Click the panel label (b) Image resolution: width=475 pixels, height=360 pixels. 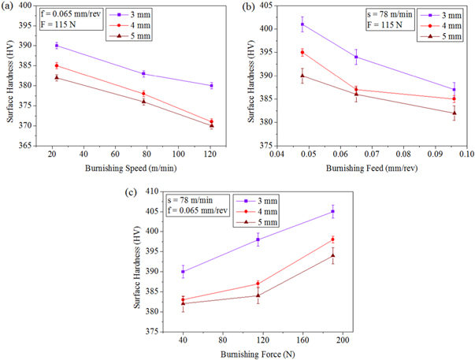tap(249, 7)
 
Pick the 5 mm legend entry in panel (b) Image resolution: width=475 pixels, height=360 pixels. tap(443, 36)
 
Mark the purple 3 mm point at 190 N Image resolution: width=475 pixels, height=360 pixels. tap(332, 211)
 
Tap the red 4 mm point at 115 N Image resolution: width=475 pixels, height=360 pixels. tap(258, 284)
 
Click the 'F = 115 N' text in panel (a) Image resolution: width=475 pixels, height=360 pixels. tap(61, 25)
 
